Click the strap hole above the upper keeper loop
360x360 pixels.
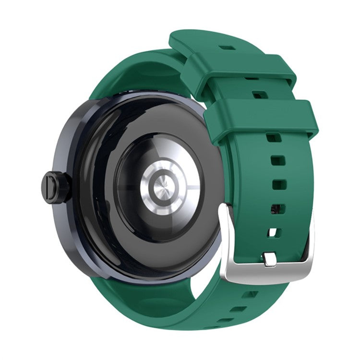pyautogui.click(x=228, y=48)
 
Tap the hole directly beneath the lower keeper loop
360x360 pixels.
pyautogui.click(x=274, y=138)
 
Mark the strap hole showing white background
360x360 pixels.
pyautogui.click(x=273, y=232)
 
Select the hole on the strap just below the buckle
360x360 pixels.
pyautogui.click(x=250, y=294)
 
